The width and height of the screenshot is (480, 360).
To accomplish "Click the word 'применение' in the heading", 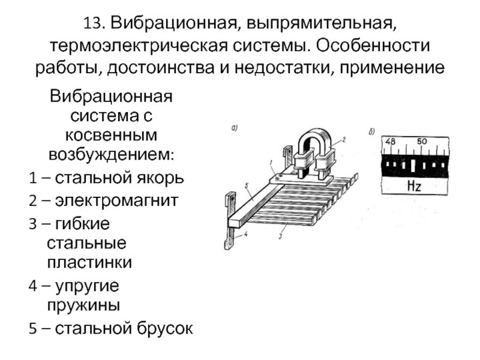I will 393,67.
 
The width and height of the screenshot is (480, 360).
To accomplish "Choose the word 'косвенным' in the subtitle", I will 111,135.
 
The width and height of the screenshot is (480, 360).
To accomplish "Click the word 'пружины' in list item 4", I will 83,305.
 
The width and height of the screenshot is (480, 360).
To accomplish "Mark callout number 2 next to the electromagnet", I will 344,139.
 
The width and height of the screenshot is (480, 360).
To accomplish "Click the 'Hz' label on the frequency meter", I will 414,186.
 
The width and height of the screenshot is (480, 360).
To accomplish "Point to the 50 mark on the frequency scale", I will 422,142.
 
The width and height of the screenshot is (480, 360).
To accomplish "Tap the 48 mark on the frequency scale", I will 391,142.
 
